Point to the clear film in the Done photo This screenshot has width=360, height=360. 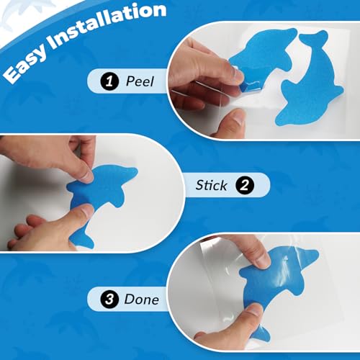coord(216,266)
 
